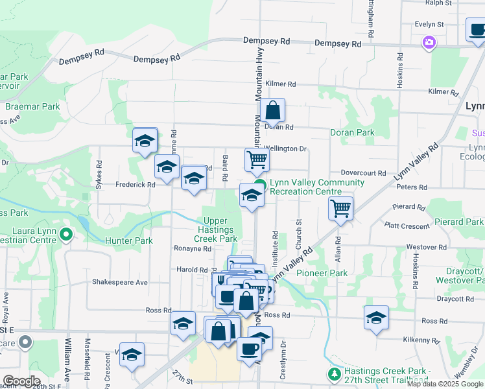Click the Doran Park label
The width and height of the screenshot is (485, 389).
pyautogui.click(x=352, y=132)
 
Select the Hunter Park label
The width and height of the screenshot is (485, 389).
pyautogui.click(x=128, y=241)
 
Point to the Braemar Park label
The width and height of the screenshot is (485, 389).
pyautogui.click(x=32, y=106)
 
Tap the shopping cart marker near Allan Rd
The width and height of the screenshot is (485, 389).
pyautogui.click(x=340, y=209)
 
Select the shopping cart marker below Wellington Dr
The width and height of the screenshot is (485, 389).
pyautogui.click(x=257, y=159)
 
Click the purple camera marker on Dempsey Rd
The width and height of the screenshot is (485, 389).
pyautogui.click(x=428, y=43)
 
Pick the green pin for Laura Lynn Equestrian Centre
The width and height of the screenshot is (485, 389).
pyautogui.click(x=65, y=234)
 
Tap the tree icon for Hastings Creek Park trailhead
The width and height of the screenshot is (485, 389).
pyautogui.click(x=334, y=374)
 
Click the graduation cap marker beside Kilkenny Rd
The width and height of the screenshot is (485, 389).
pyautogui.click(x=376, y=318)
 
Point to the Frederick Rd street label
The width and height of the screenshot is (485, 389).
pyautogui.click(x=135, y=185)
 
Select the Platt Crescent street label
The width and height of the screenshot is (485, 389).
pyautogui.click(x=407, y=226)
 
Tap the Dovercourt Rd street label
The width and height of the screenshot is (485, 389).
pyautogui.click(x=364, y=173)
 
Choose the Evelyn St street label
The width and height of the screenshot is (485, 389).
pyautogui.click(x=429, y=24)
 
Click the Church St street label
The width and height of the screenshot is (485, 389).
pyautogui.click(x=300, y=230)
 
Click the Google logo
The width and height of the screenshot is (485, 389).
pyautogui.click(x=22, y=381)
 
